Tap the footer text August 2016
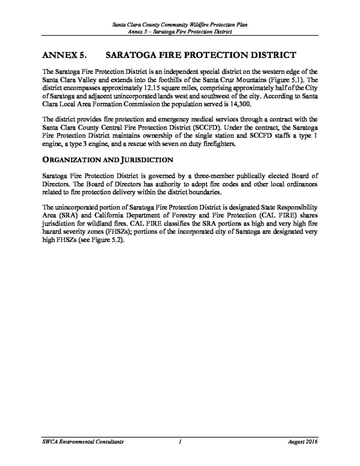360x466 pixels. pos(303,442)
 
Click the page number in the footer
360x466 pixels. pos(180,442)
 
